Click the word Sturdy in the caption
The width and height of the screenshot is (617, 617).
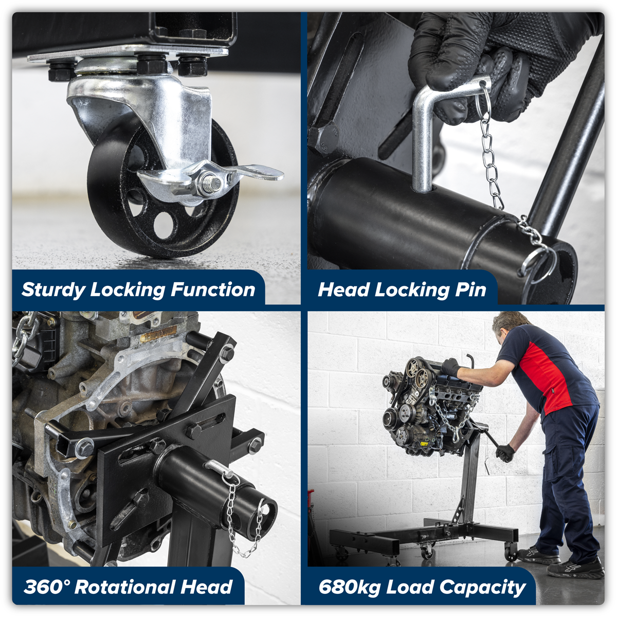(x=53, y=290)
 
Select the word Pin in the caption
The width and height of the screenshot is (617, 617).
(x=470, y=290)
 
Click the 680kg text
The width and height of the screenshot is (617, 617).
(x=349, y=587)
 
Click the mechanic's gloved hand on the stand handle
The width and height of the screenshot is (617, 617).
(x=505, y=453)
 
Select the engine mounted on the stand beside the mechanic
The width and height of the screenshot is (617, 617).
(x=427, y=406)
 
